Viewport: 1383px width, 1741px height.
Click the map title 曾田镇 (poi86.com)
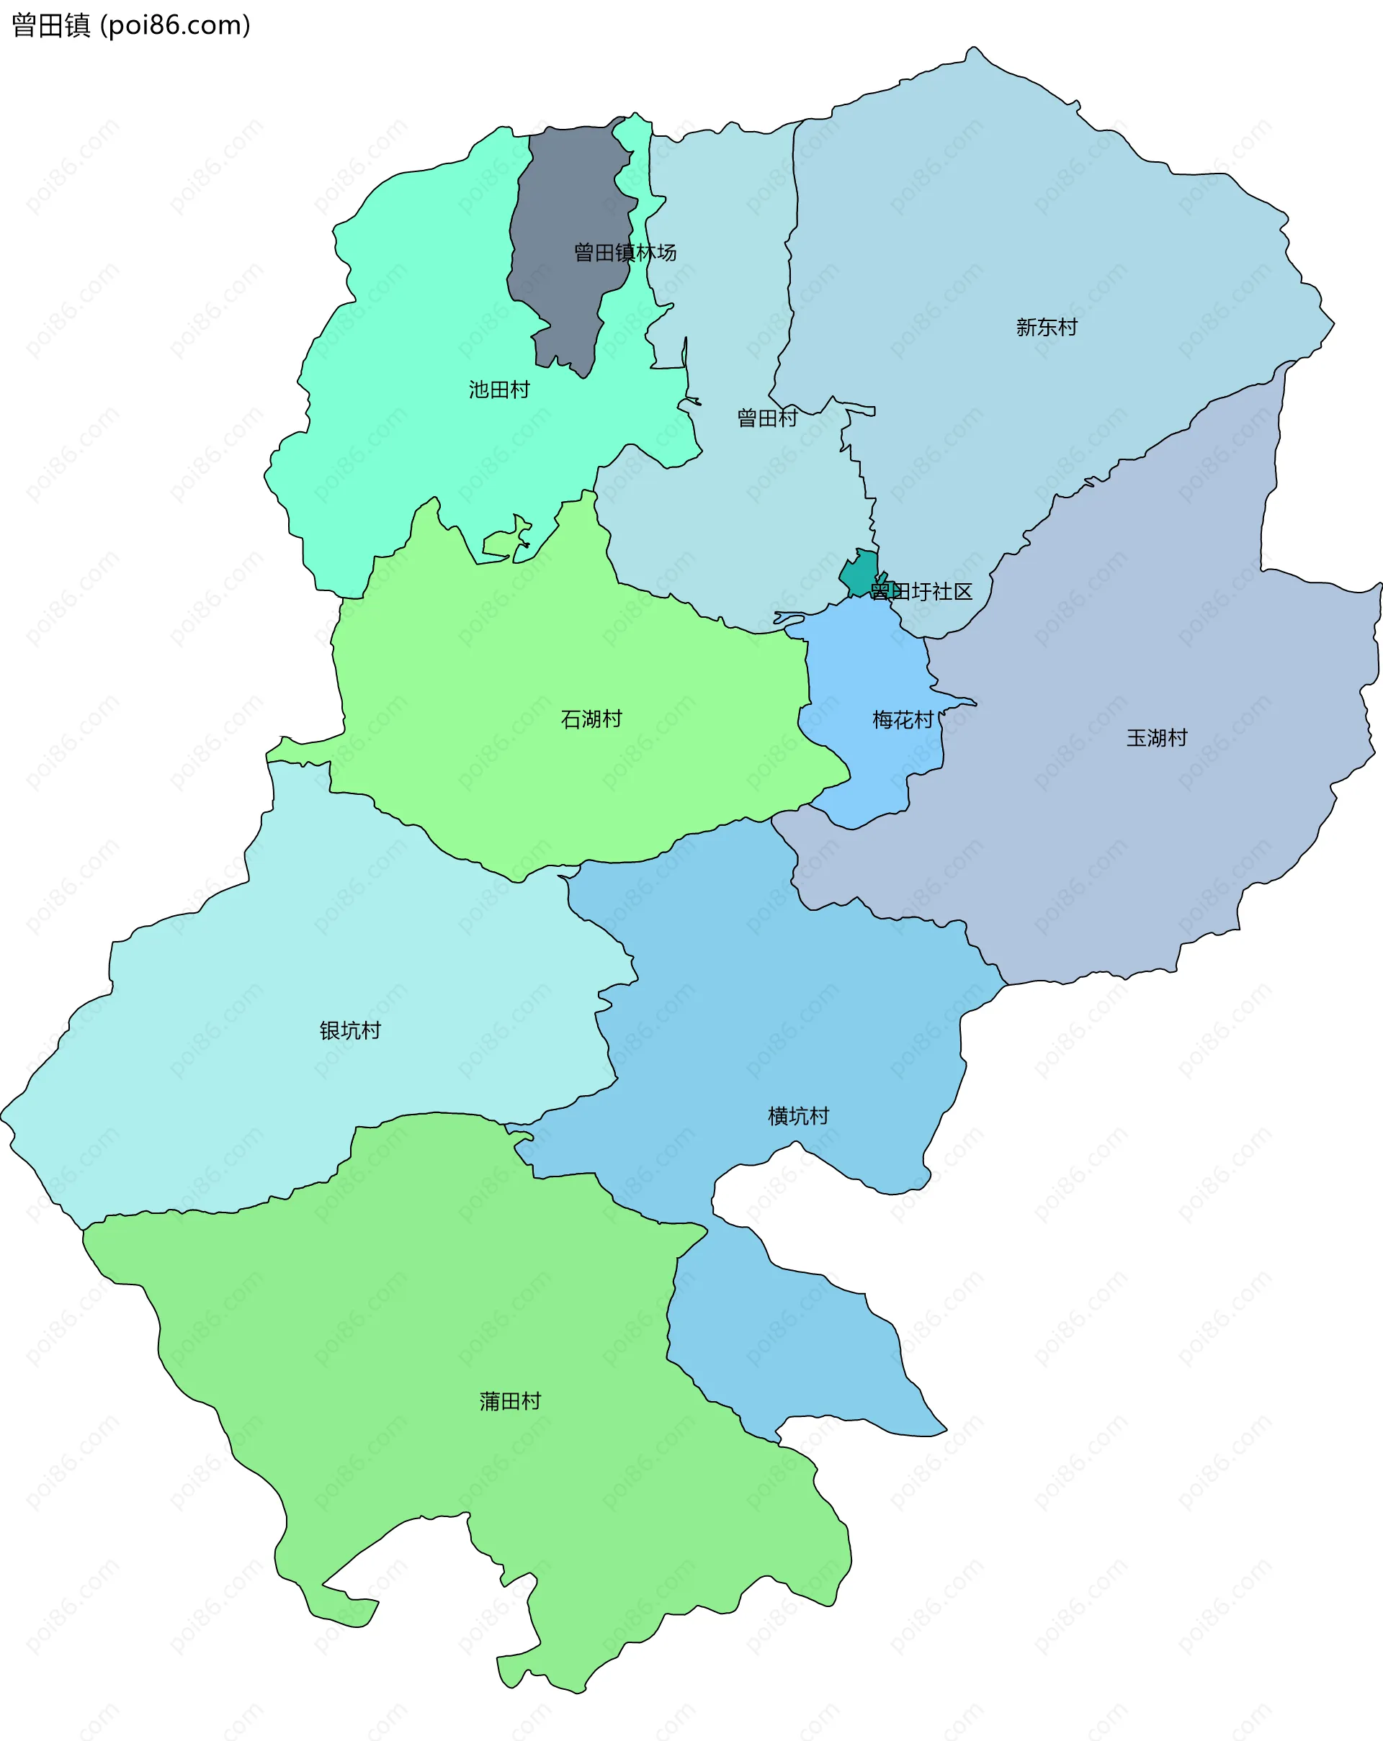pyautogui.click(x=131, y=26)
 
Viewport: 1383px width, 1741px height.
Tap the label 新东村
pyautogui.click(x=1046, y=327)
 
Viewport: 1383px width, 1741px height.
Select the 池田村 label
pyautogui.click(x=499, y=390)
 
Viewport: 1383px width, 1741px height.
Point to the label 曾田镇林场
pyautogui.click(x=625, y=253)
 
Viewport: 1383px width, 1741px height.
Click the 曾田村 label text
pyautogui.click(x=766, y=418)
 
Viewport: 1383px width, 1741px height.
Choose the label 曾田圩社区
pyautogui.click(x=921, y=592)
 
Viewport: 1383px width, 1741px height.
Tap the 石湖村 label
pyautogui.click(x=591, y=719)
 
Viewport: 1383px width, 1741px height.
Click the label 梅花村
pyautogui.click(x=903, y=719)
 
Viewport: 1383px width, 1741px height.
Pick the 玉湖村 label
pyautogui.click(x=1157, y=737)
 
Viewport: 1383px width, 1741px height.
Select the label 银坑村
pyautogui.click(x=350, y=1030)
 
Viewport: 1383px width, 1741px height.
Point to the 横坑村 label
pyautogui.click(x=798, y=1116)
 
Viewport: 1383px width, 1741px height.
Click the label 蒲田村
pyautogui.click(x=510, y=1401)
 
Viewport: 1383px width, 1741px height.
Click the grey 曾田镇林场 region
pyautogui.click(x=565, y=202)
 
